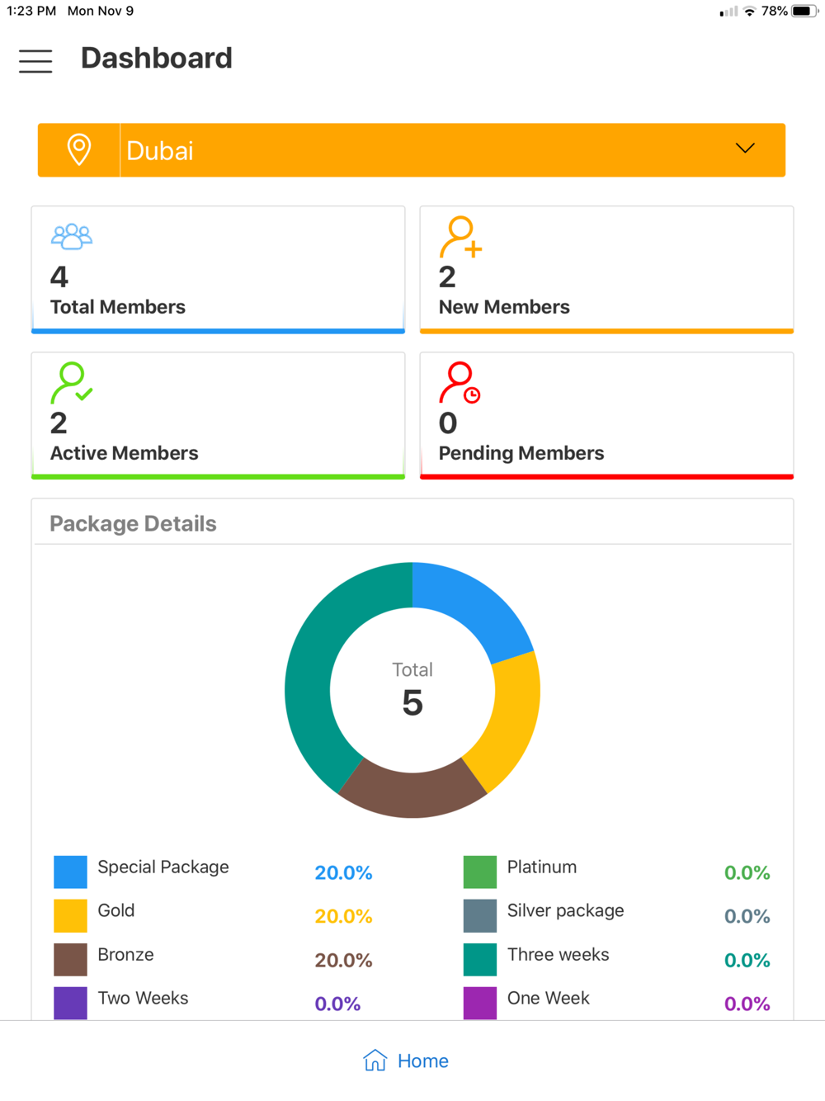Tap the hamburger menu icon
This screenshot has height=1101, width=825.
point(35,60)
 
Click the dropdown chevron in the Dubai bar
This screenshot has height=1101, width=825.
point(745,149)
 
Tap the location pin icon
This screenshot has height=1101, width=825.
point(79,149)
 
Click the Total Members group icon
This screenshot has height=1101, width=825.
point(72,237)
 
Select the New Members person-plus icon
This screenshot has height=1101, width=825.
point(460,238)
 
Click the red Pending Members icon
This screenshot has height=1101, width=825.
point(460,383)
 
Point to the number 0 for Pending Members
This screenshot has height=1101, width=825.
point(448,423)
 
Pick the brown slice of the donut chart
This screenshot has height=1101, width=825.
point(412,792)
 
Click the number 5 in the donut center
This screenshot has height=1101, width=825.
point(412,703)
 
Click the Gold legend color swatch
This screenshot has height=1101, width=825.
point(70,915)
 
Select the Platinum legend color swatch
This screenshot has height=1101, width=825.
point(480,872)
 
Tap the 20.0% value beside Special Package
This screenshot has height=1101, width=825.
point(343,872)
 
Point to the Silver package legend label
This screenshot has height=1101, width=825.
point(565,910)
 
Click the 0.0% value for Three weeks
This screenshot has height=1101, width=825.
point(747,960)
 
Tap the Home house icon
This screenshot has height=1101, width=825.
point(375,1061)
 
